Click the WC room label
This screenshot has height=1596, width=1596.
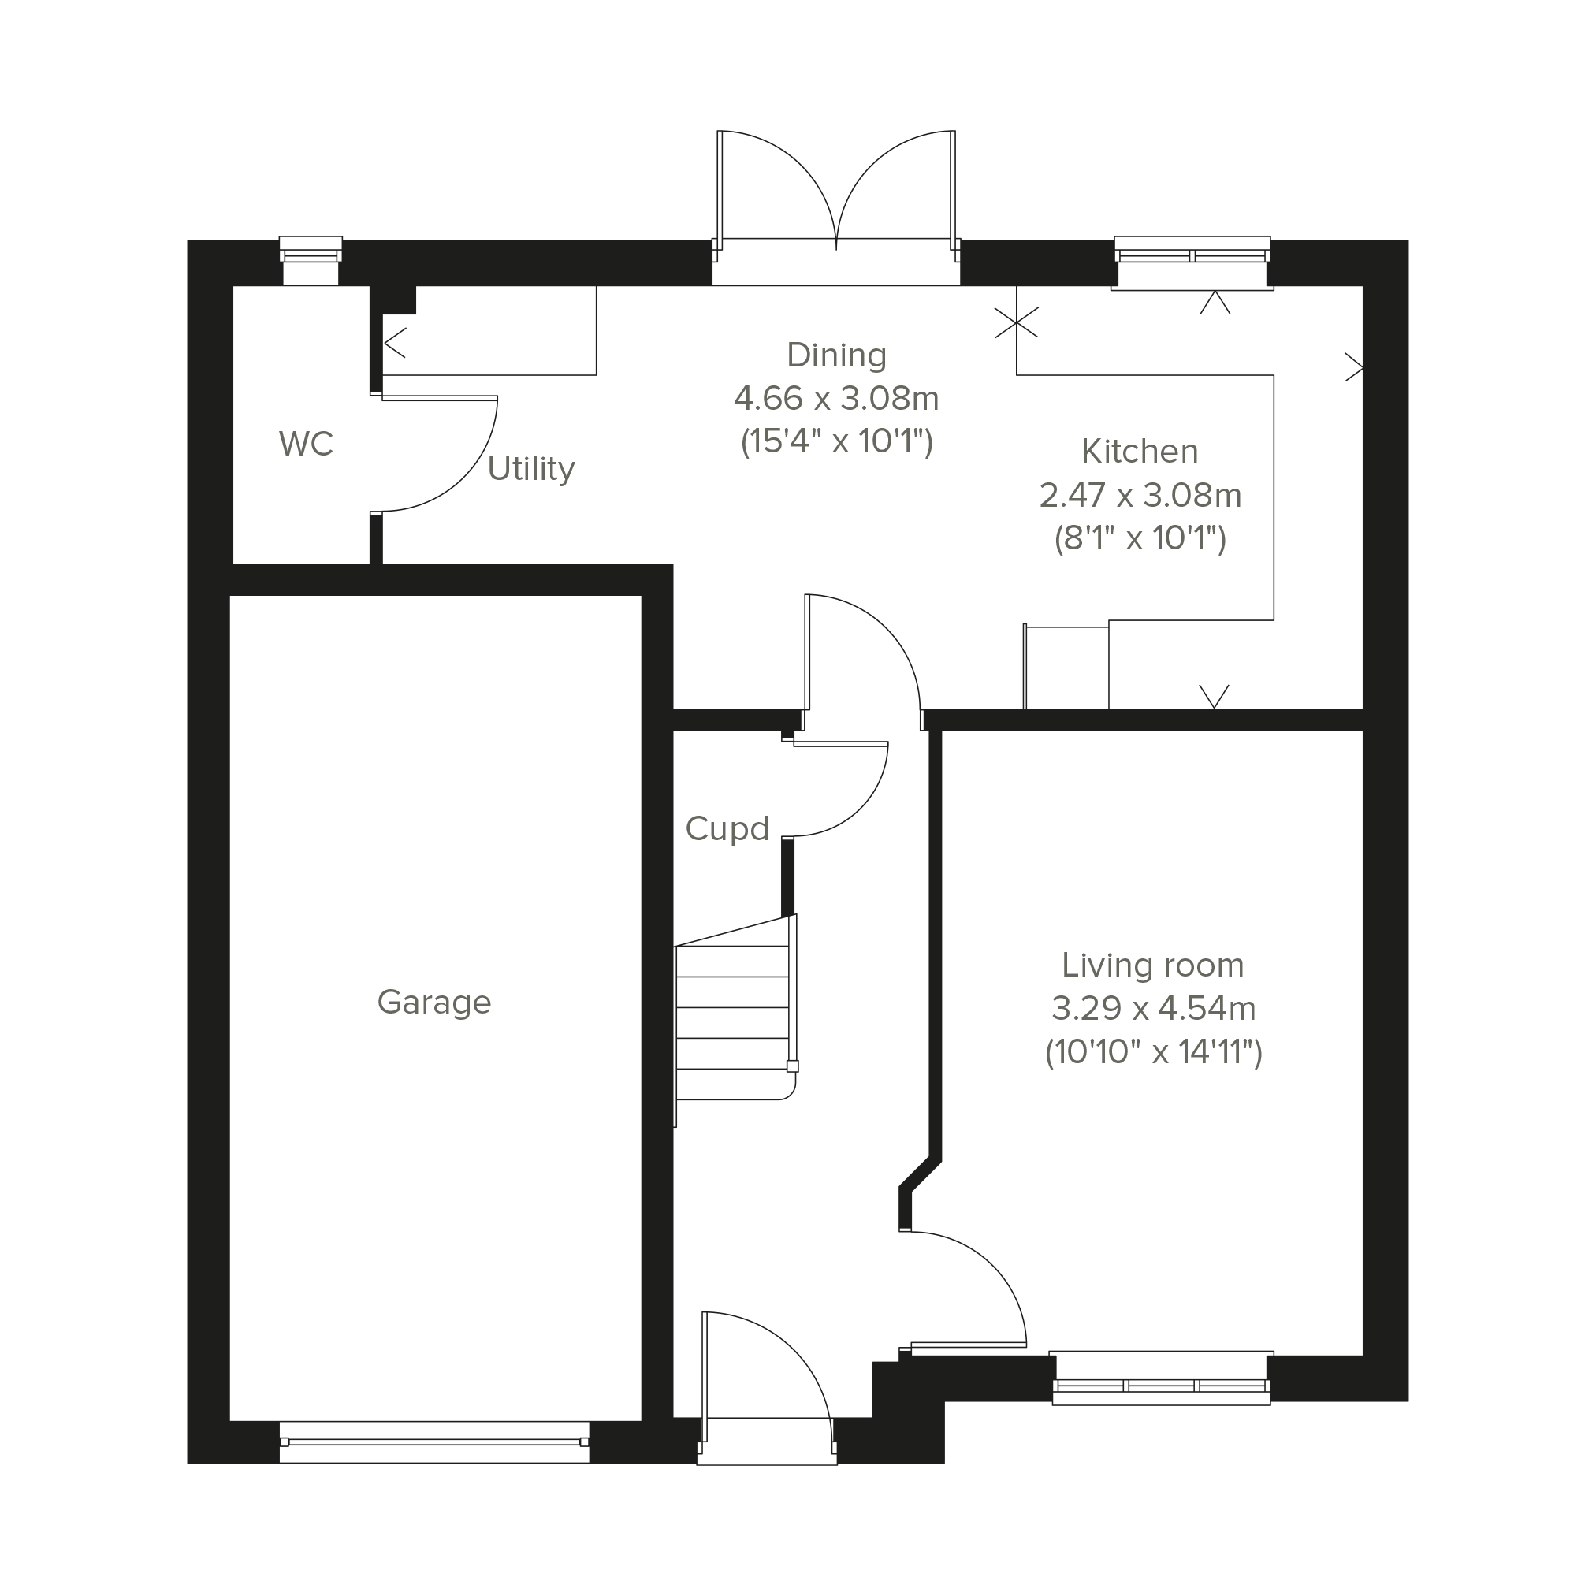click(306, 444)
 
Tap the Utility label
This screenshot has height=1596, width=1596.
click(530, 469)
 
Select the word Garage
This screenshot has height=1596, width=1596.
click(433, 1002)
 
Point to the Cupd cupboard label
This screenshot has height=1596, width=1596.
click(727, 828)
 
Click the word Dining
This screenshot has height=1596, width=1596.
click(836, 355)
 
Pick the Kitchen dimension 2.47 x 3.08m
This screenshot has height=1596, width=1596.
click(1140, 496)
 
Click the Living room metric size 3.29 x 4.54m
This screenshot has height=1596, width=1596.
click(1153, 1009)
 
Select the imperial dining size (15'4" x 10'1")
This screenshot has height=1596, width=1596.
click(836, 441)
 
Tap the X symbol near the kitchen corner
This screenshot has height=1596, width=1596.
click(1016, 323)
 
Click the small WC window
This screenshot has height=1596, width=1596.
click(311, 260)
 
